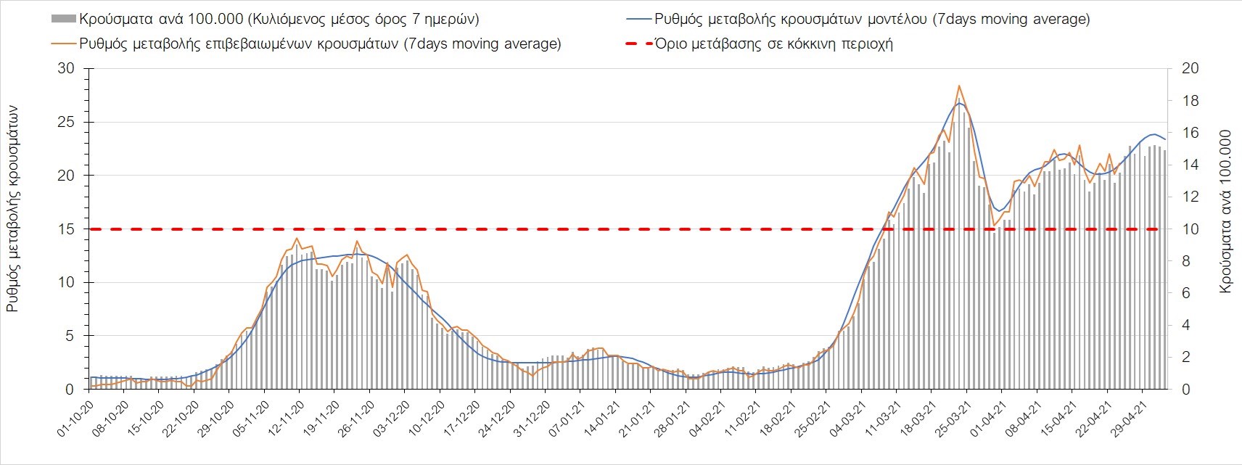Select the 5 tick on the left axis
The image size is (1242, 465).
coord(70,336)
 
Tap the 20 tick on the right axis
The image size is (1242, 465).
coord(1190,68)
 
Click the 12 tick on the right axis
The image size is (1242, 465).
coord(1190,197)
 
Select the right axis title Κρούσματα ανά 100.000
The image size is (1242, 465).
coord(1226,211)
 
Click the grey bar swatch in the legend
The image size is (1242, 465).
coord(64,19)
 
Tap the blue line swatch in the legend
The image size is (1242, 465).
coord(637,19)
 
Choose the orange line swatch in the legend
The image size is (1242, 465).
coord(64,44)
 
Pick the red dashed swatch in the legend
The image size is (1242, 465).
coord(637,44)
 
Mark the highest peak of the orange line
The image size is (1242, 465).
coord(959,86)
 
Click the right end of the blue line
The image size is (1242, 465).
coord(1165,139)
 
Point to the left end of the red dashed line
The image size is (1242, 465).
coord(90,229)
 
